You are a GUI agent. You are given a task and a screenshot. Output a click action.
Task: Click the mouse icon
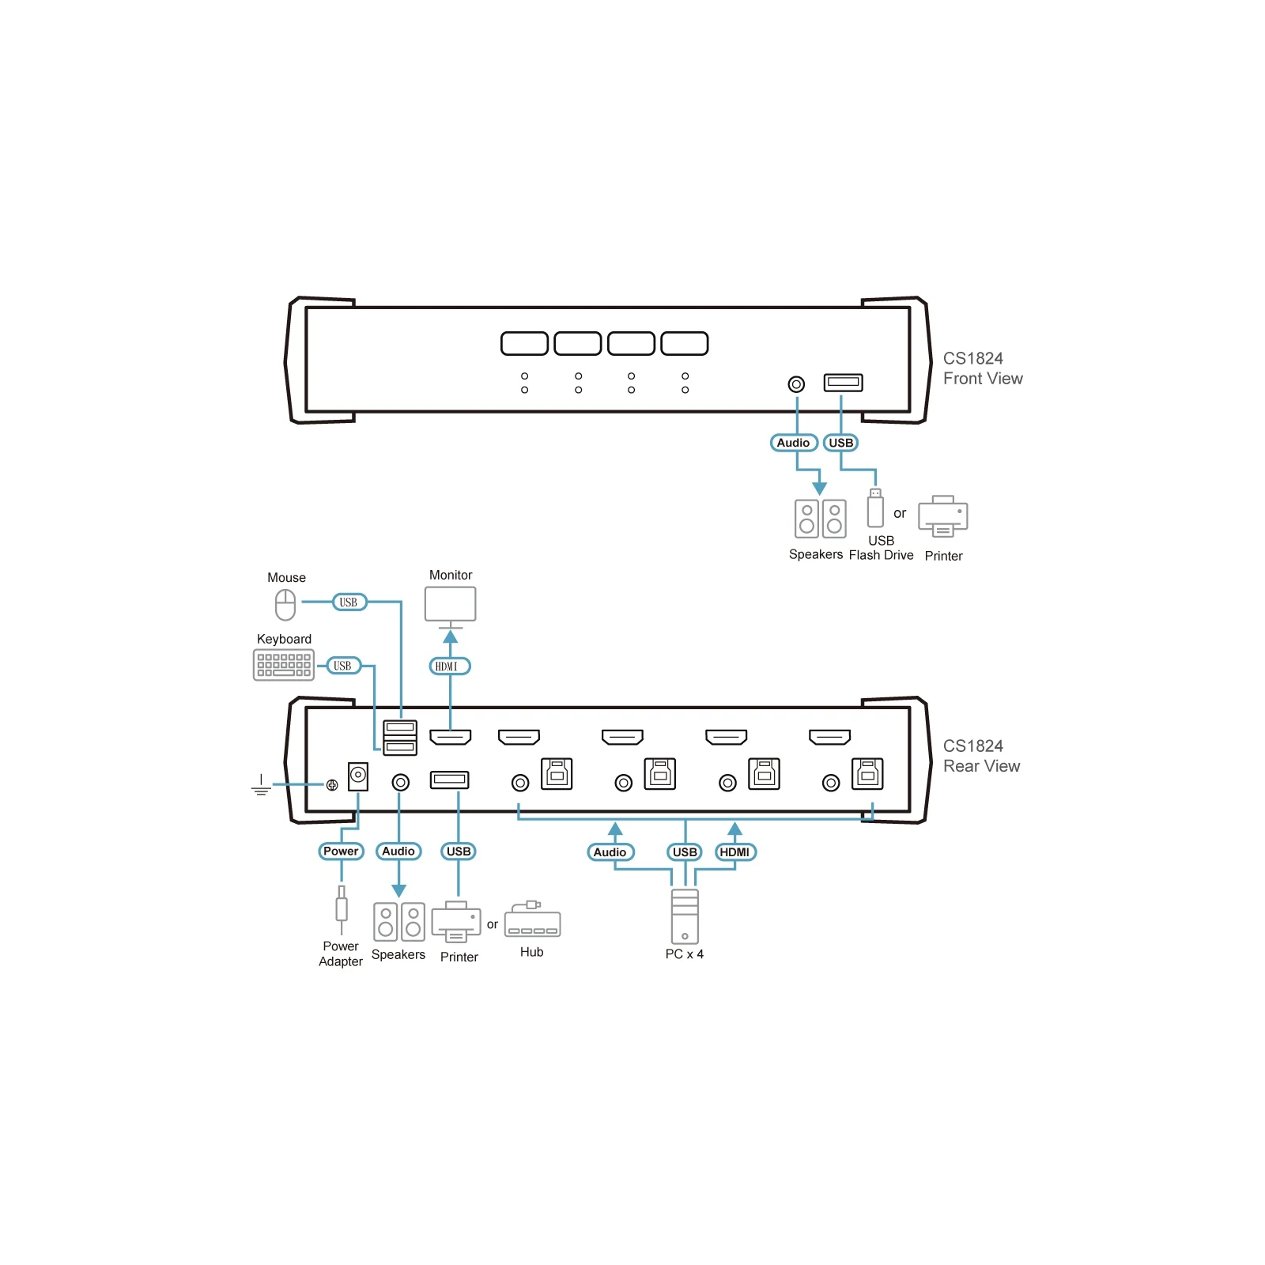point(285,605)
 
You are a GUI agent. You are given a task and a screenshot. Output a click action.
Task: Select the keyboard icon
point(284,665)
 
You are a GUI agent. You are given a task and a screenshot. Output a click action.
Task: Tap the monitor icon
point(451,607)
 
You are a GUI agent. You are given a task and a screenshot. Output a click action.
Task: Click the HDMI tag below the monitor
point(450,666)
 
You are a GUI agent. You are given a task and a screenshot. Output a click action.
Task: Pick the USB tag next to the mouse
point(349,602)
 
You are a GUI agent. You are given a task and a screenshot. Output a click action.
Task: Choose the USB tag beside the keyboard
point(343,666)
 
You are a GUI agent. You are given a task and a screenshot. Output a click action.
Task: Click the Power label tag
point(341,852)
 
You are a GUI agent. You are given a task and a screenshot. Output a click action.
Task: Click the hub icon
point(532,919)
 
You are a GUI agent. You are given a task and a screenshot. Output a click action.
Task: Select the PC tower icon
point(685,917)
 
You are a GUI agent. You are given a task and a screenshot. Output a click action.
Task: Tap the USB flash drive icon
point(875,508)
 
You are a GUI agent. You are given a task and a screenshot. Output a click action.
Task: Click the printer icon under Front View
point(942,516)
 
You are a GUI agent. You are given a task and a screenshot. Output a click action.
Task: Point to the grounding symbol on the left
point(261,785)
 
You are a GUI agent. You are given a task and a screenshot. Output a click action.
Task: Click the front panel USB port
point(843,383)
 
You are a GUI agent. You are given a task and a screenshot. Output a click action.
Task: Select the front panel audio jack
point(796,384)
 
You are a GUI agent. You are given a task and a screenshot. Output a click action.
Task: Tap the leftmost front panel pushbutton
point(524,344)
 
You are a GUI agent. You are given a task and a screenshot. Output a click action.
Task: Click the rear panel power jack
point(358,776)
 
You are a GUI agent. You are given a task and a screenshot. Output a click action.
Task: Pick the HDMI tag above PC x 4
point(735,852)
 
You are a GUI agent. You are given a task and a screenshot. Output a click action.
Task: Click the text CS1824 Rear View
point(981,756)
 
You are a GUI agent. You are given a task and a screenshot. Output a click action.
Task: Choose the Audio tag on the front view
point(793,443)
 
